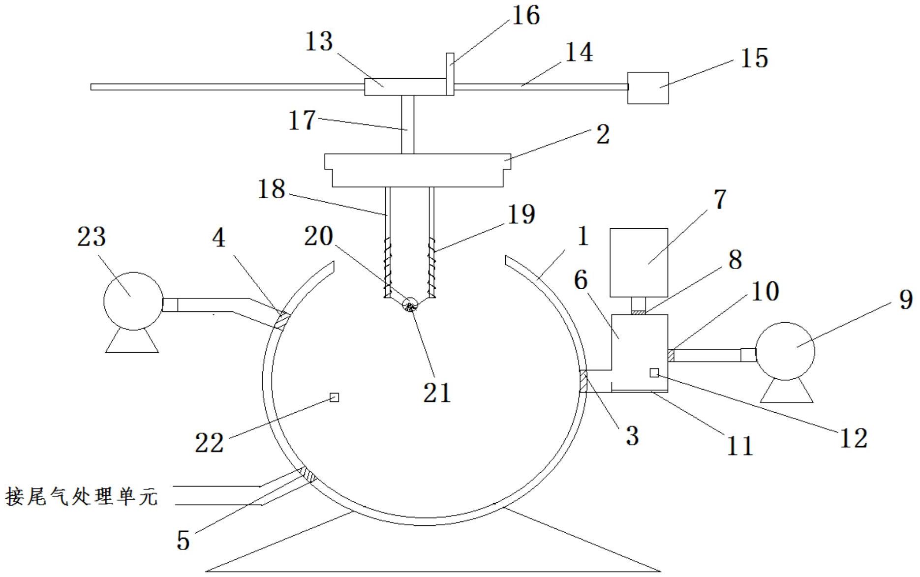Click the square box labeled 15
coord(648,88)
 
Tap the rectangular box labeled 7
coord(639,262)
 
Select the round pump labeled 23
coord(133,301)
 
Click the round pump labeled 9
coord(785,351)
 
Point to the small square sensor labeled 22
coord(334,397)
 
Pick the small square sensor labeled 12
coord(654,373)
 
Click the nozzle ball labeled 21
coord(410,305)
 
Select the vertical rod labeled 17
coord(407,124)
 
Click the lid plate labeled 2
coord(417,170)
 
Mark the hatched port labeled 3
coord(583,381)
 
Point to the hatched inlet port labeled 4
coord(282,320)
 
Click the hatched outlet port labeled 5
coord(307,475)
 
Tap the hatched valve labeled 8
coord(638,312)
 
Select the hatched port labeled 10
coord(671,355)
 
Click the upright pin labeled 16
coord(450,74)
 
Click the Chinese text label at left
coord(81,496)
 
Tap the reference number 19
coord(521,214)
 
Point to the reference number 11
coord(740,446)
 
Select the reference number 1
coord(583,237)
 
